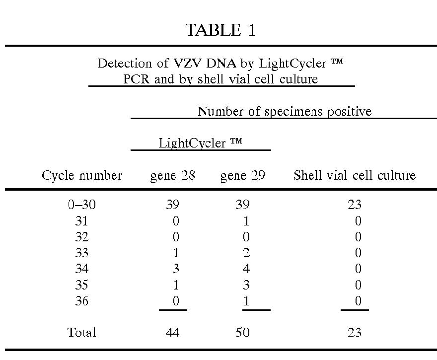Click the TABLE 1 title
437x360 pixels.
(x=220, y=30)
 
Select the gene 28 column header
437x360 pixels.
(x=172, y=175)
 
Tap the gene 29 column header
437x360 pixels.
(x=242, y=175)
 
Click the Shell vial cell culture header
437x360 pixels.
(x=354, y=175)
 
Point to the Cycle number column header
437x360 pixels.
(x=81, y=175)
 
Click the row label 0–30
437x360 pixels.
(x=81, y=205)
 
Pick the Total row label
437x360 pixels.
(x=81, y=332)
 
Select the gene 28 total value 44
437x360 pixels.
(x=172, y=332)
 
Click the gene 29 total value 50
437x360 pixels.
(x=242, y=332)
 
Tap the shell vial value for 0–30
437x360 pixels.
(x=355, y=205)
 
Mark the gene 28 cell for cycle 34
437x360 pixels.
(x=176, y=269)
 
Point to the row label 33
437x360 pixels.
(x=81, y=253)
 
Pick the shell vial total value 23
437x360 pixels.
(x=355, y=332)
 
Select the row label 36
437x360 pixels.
(x=81, y=301)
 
